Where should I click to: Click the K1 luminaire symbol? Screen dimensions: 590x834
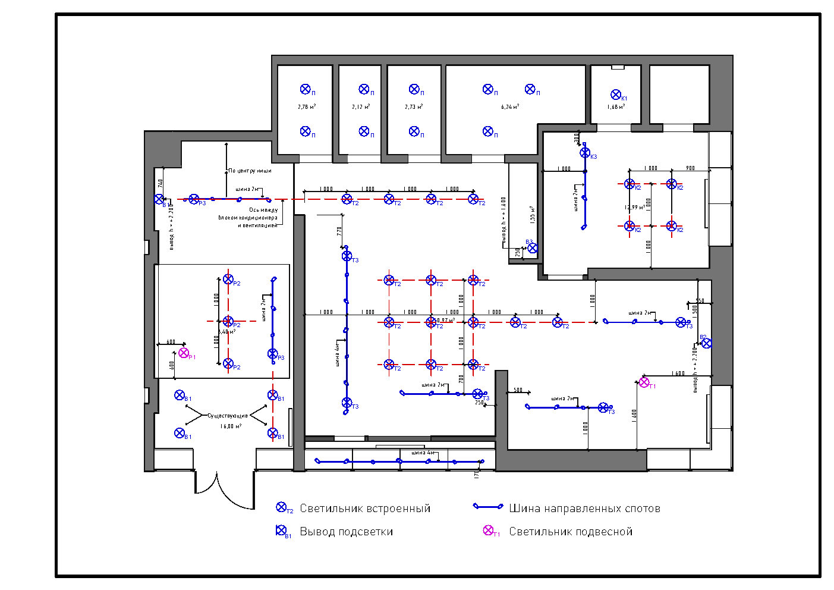click(616, 95)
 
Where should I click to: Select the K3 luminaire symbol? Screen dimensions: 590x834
click(585, 153)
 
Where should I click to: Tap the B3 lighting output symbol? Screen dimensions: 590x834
click(533, 248)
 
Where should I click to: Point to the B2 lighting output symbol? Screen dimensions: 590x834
click(706, 343)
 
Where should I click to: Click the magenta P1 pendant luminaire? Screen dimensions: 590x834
click(184, 353)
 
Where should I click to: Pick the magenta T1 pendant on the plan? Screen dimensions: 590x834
click(644, 382)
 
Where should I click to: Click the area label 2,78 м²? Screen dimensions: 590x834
click(307, 107)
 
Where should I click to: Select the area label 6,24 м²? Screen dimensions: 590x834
click(510, 107)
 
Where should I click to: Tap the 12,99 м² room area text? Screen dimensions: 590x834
click(634, 208)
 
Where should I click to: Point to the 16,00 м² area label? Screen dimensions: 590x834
click(231, 426)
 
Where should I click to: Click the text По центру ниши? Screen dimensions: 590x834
click(250, 171)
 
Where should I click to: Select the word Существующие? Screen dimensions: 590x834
click(228, 416)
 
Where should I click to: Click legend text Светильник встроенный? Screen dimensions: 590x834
click(365, 509)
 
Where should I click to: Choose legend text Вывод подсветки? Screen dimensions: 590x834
click(346, 532)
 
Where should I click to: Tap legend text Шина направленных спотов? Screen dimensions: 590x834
click(584, 509)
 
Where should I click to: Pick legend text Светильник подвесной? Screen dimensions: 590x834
click(571, 532)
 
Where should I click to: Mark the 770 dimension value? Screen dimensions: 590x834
click(339, 231)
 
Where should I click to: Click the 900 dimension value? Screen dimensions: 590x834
click(690, 168)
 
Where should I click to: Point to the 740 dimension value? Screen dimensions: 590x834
click(160, 183)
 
